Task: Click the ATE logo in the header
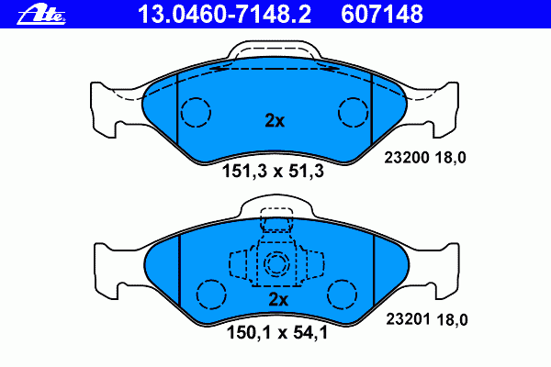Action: click(41, 16)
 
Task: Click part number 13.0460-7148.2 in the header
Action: click(224, 15)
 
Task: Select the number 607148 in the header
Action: click(382, 15)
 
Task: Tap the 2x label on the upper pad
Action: click(275, 120)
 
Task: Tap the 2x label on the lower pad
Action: click(278, 300)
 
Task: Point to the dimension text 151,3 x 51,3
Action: click(273, 172)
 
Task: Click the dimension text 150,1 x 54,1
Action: click(277, 332)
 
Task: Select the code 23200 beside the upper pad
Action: click(407, 157)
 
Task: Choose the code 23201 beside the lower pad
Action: click(408, 319)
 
